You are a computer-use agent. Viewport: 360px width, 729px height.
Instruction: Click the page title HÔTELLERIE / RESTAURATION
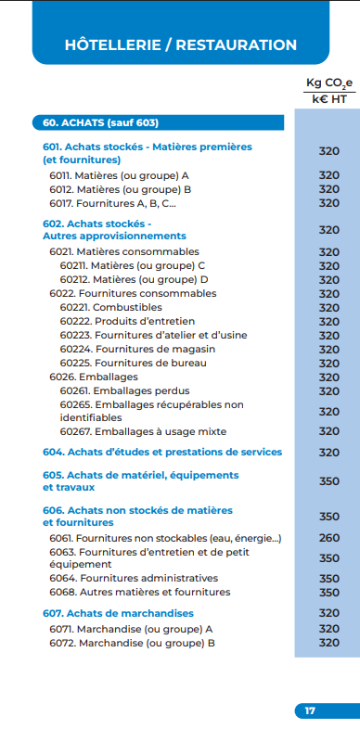click(x=181, y=45)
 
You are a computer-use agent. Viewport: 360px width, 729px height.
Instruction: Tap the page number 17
click(x=310, y=710)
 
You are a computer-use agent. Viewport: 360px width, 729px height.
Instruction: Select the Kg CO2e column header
click(x=328, y=83)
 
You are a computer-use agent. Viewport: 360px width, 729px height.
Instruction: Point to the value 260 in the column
click(x=328, y=538)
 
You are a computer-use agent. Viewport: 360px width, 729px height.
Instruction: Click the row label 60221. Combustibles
click(x=110, y=307)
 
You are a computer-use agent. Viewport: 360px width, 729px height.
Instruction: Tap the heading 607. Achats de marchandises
click(x=118, y=613)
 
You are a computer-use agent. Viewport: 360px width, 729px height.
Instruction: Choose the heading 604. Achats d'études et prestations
click(x=162, y=452)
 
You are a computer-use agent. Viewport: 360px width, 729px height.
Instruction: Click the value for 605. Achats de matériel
click(x=328, y=481)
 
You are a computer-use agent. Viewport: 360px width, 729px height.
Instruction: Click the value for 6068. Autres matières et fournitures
click(x=328, y=592)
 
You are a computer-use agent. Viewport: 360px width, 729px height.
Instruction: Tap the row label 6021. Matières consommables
click(x=123, y=251)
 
